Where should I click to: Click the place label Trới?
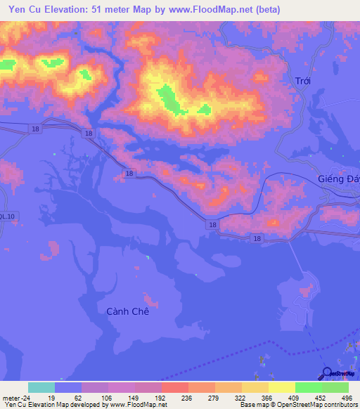coord(303,81)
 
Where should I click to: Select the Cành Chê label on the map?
coord(127,311)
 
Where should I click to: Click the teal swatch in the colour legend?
coord(41,387)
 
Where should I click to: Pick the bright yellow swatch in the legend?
coord(282,387)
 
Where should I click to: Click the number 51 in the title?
coord(102,10)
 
